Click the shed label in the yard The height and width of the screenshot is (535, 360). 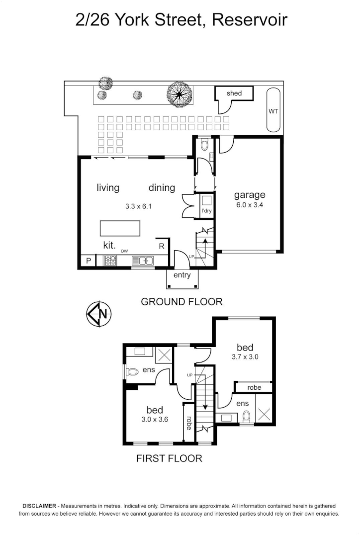(234, 93)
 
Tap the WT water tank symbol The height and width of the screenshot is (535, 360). (273, 111)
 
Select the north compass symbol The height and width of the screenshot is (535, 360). (99, 314)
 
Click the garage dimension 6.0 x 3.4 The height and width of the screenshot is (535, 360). (250, 205)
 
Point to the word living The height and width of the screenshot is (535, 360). (108, 187)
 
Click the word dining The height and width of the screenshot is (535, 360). (162, 187)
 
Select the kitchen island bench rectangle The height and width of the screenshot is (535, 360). (120, 228)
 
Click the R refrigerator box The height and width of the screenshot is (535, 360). (162, 246)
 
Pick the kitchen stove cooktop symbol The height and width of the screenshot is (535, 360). (110, 260)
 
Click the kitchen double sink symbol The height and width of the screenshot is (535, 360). (143, 260)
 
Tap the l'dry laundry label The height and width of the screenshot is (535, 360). (206, 211)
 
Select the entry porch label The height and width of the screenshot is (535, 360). (182, 275)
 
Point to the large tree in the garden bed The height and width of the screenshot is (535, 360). (180, 93)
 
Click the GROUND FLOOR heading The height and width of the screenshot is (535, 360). (181, 301)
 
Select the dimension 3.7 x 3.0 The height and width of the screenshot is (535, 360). (245, 357)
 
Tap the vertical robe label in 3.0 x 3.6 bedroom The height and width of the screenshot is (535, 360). (189, 422)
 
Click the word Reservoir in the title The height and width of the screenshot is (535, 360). (250, 20)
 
